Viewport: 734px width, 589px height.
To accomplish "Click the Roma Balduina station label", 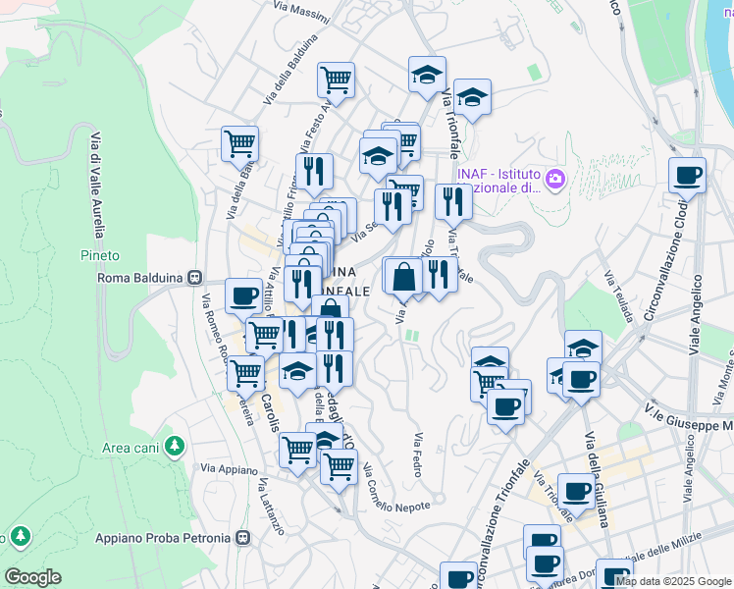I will click(x=141, y=278).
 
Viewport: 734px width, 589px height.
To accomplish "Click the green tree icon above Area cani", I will click(x=175, y=446).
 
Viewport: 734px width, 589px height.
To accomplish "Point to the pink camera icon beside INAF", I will click(x=555, y=179).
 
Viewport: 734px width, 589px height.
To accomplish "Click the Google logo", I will click(x=33, y=577).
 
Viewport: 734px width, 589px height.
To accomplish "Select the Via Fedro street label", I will click(x=419, y=455).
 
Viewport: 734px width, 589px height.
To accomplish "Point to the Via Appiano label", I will click(x=228, y=469).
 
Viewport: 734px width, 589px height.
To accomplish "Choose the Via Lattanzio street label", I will click(x=271, y=507).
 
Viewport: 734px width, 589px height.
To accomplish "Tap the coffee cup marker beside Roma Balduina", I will click(x=243, y=294).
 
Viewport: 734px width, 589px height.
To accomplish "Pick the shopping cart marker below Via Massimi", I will click(x=336, y=80).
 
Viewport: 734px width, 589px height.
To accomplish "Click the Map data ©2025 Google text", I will click(x=673, y=581).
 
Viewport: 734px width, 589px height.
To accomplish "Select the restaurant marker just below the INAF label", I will click(x=452, y=201).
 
